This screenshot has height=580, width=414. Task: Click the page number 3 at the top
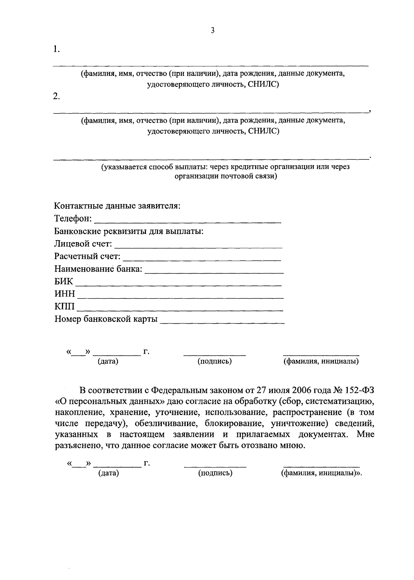213,31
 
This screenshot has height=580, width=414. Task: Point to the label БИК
64,282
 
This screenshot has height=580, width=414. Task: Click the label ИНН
65,294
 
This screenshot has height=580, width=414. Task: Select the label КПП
65,306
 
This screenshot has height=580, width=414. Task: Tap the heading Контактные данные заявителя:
118,206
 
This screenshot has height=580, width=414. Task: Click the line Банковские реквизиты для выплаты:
129,231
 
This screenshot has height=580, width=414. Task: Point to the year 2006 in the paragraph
303,390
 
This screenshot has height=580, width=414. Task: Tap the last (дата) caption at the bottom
108,473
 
